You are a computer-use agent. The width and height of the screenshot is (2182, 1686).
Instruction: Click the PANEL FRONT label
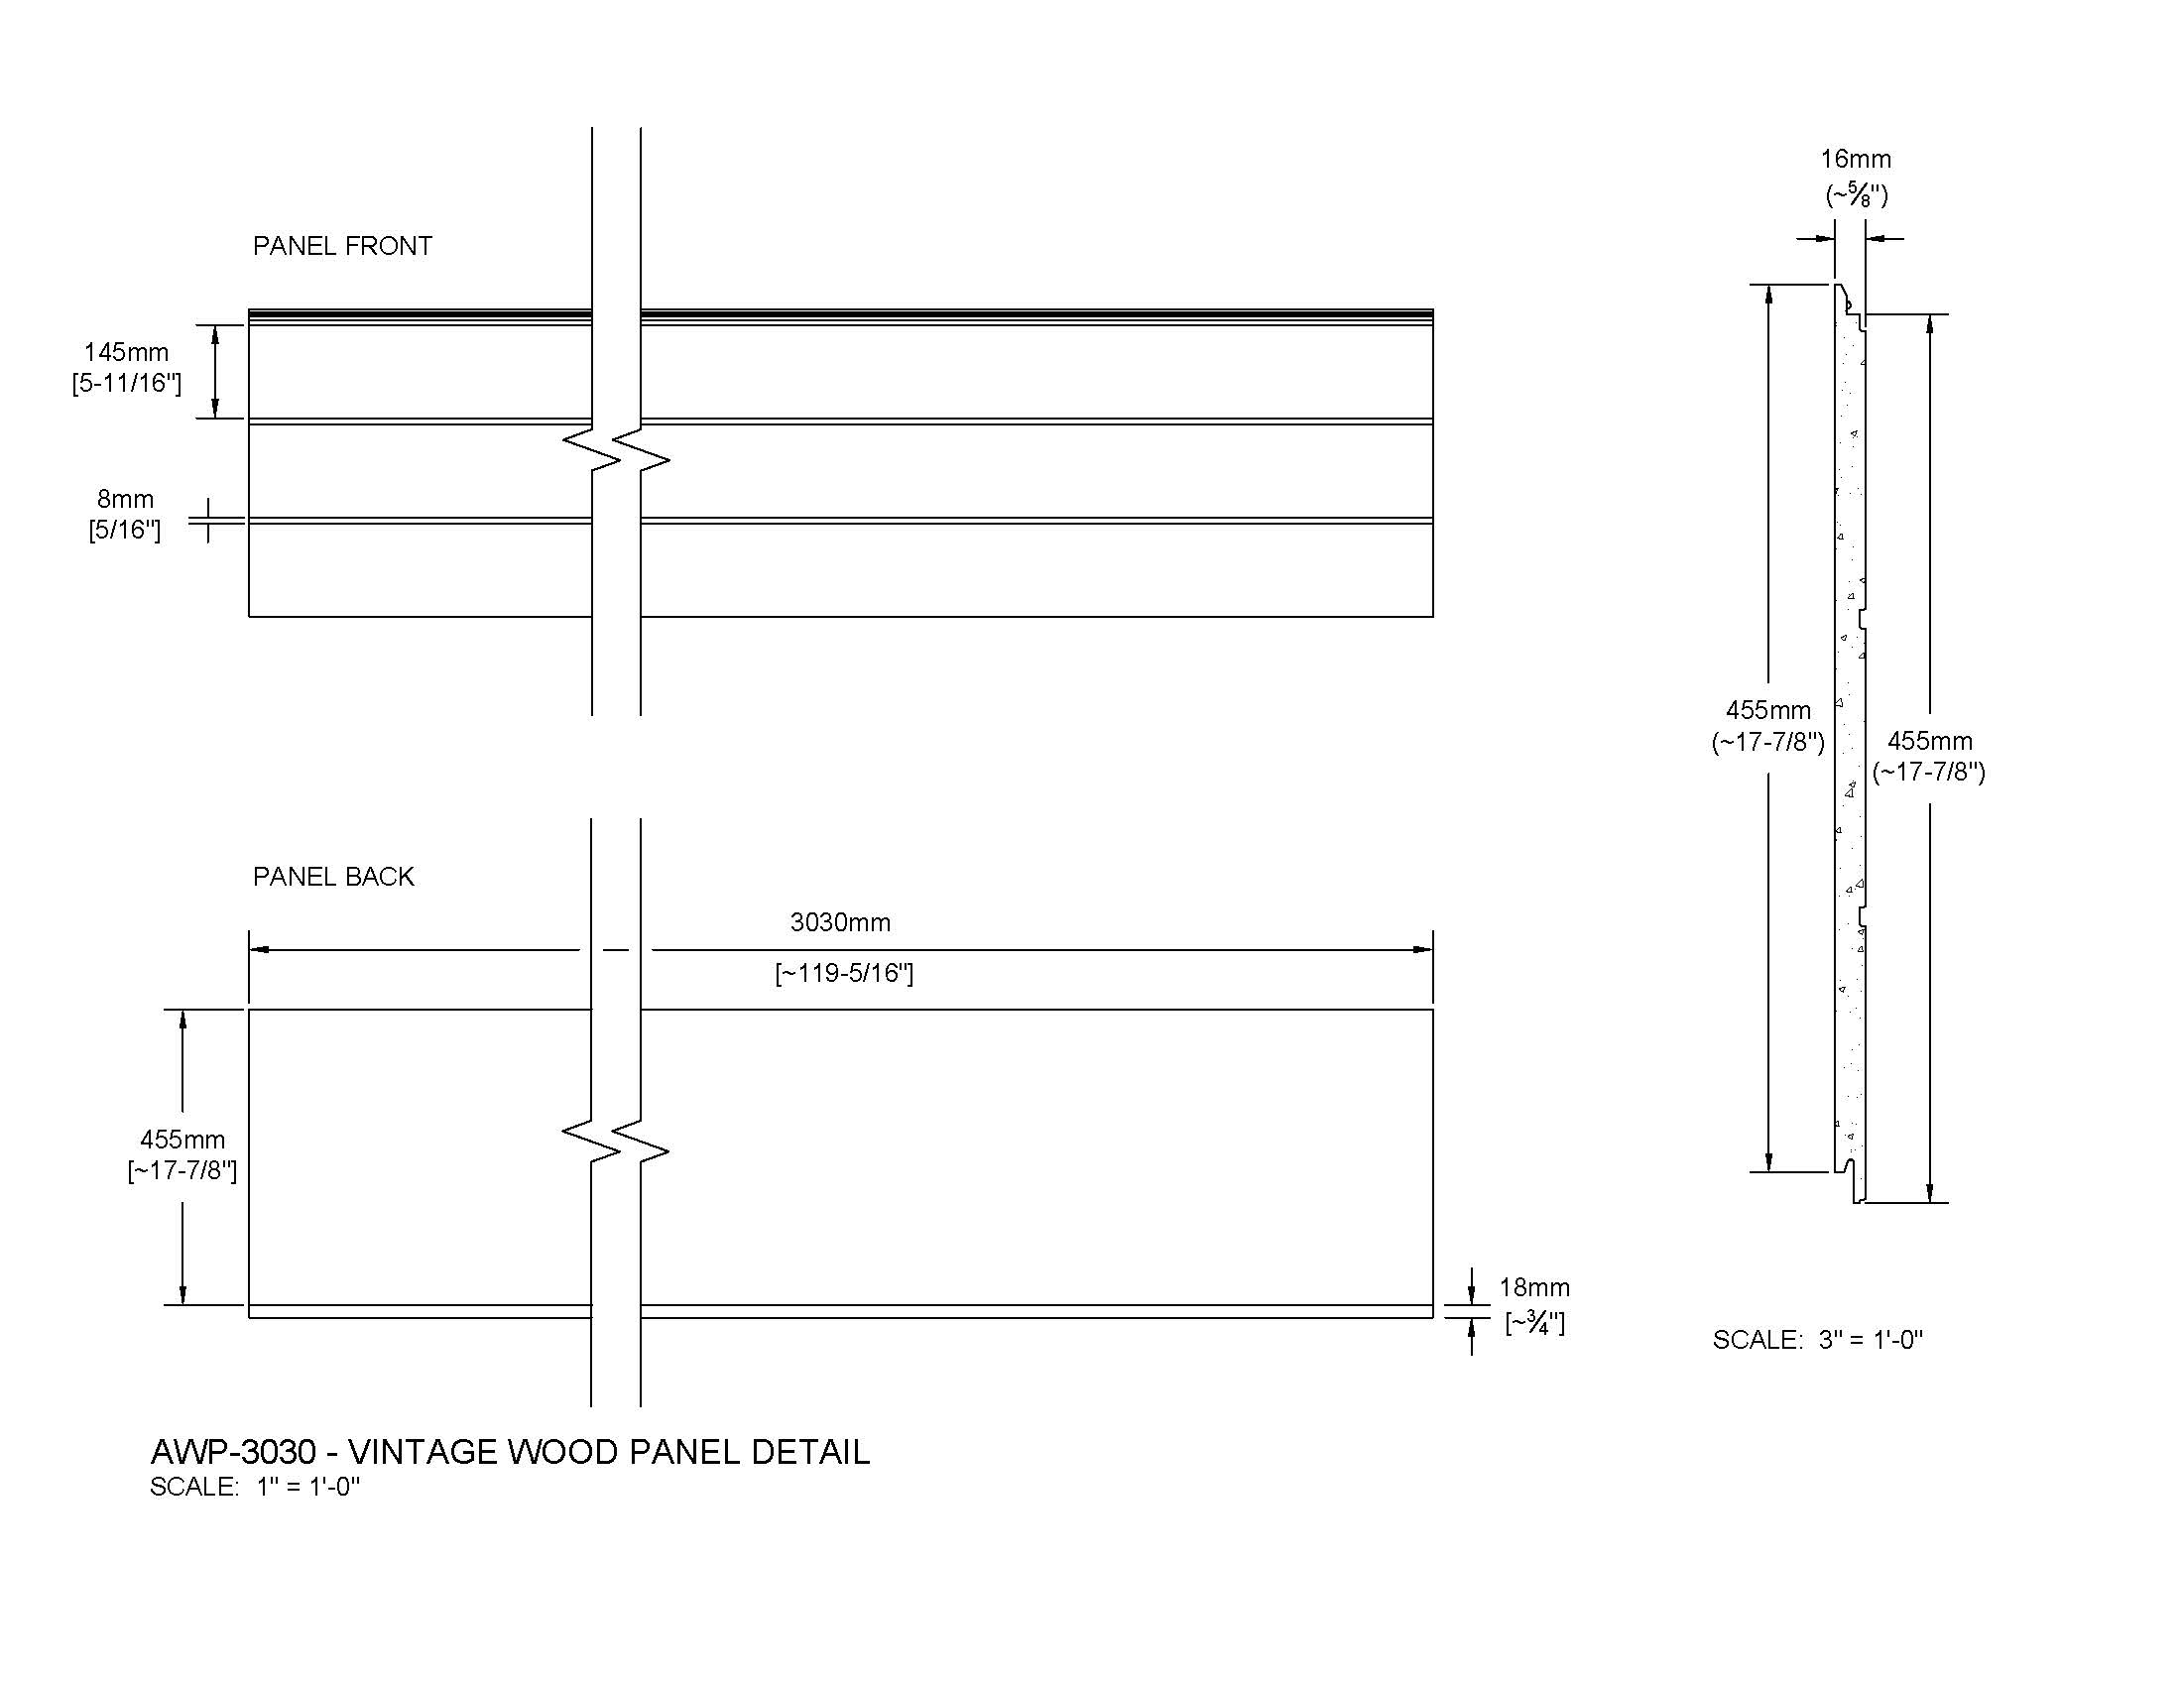[x=343, y=246]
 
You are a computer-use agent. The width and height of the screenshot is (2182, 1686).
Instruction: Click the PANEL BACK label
[x=333, y=876]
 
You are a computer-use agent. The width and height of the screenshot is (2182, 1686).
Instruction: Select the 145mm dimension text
[x=126, y=352]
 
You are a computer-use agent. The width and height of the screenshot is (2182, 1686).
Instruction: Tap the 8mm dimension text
[x=125, y=499]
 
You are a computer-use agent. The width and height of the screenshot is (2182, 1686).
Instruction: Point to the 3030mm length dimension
[x=840, y=922]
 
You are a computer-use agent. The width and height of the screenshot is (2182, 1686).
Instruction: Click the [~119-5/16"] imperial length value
[x=844, y=973]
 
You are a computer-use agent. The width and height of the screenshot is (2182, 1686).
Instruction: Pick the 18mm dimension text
[x=1534, y=1287]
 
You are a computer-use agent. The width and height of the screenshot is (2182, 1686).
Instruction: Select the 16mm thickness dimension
[x=1856, y=159]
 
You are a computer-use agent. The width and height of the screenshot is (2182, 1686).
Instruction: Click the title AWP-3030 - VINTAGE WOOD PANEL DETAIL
[x=510, y=1451]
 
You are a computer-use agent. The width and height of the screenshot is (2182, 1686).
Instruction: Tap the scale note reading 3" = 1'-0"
[x=1817, y=1340]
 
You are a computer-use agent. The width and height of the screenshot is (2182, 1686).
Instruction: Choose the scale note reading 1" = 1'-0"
[x=255, y=1487]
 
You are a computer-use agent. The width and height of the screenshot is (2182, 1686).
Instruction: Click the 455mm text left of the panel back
[x=182, y=1139]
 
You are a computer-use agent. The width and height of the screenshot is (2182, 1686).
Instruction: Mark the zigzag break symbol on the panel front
[x=617, y=450]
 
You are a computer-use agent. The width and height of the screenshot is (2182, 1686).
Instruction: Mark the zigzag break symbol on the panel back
[x=616, y=1142]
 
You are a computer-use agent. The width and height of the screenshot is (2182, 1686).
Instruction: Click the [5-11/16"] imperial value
[x=127, y=384]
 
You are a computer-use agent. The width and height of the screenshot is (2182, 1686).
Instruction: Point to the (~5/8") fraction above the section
[x=1858, y=194]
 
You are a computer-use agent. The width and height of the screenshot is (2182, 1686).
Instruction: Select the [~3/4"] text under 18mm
[x=1535, y=1322]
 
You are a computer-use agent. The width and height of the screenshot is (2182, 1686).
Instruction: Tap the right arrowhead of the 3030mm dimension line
[x=1423, y=950]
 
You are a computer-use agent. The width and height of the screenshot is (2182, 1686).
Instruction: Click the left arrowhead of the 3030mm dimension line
[x=260, y=950]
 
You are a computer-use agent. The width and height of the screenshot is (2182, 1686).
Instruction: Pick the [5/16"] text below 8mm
[x=125, y=530]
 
